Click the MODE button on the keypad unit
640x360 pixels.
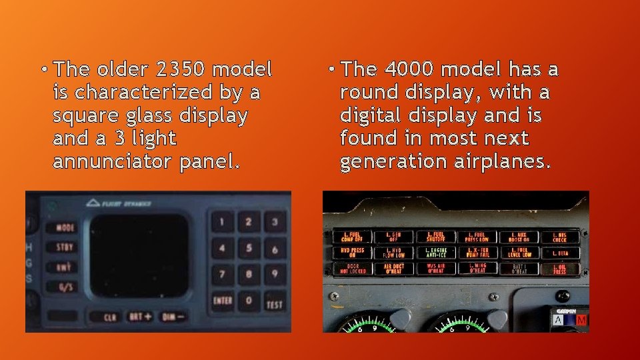coord(65,227)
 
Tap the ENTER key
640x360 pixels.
coord(223,301)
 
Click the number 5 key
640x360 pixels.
coord(249,249)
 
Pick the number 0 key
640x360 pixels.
coord(249,301)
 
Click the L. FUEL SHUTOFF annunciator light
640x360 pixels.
coord(435,236)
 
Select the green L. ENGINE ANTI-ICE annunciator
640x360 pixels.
coord(435,252)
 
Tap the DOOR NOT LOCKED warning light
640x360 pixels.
coord(353,268)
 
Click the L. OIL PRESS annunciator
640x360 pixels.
coord(559,268)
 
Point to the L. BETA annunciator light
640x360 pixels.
coord(559,253)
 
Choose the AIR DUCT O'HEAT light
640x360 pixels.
coord(394,268)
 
